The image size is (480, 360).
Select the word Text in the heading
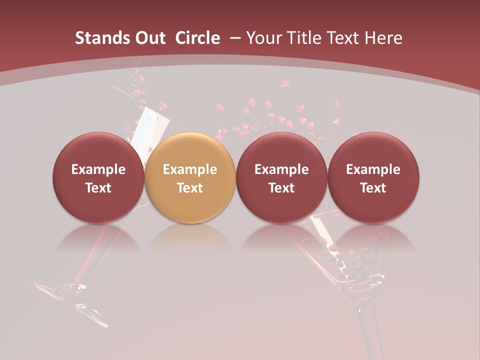tap(343, 38)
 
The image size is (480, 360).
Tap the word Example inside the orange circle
tap(190, 169)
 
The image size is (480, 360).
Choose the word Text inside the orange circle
tap(190, 188)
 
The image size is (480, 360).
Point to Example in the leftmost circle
tap(98, 169)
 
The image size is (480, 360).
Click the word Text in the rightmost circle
tap(373, 188)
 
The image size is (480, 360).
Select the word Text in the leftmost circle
tap(98, 188)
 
